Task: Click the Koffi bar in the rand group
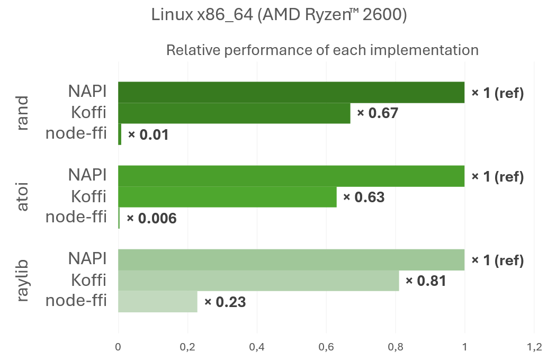point(234,113)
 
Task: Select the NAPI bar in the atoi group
point(291,176)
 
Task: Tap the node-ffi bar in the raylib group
point(158,302)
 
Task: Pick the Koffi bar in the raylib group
point(258,281)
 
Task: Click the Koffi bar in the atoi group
point(227,197)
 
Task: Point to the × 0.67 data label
point(377,113)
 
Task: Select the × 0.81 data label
point(426,281)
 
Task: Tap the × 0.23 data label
point(225,302)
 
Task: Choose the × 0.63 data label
point(363,197)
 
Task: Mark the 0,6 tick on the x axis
point(326,347)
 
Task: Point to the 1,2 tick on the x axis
point(534,347)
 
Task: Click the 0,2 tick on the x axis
point(187,347)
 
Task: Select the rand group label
point(22,113)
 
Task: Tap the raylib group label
point(22,281)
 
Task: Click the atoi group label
point(22,197)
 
